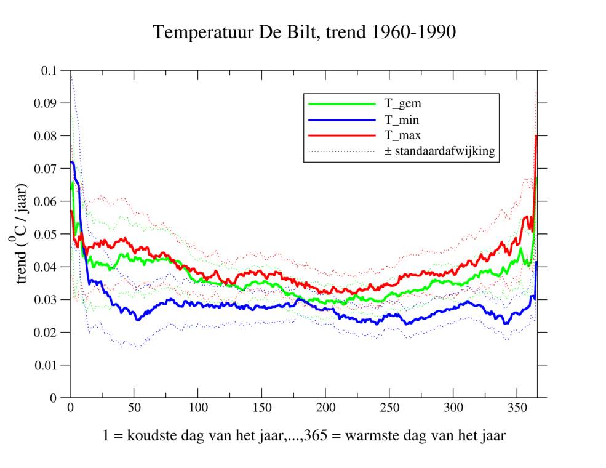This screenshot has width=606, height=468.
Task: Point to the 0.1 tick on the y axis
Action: pos(49,71)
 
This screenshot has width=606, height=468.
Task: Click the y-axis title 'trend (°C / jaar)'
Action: pos(22,234)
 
